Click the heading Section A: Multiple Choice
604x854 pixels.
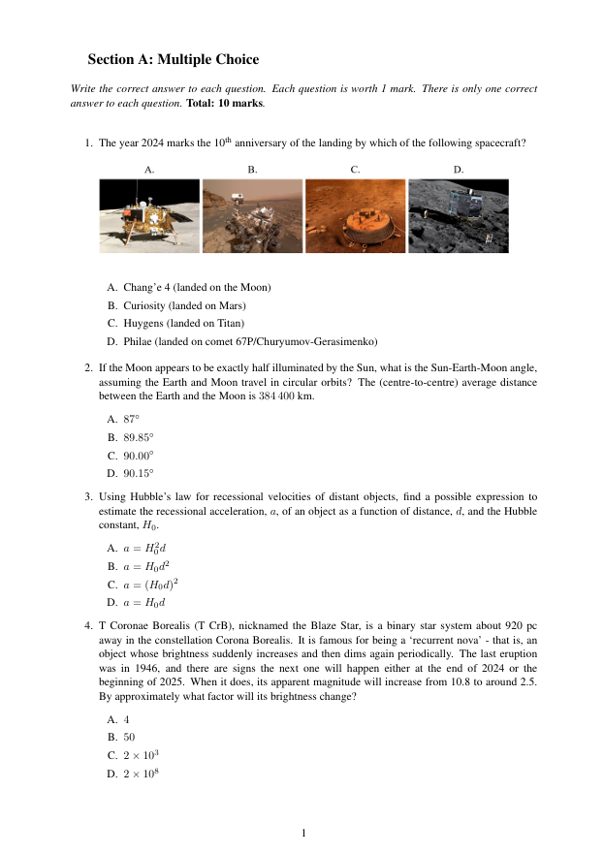click(173, 60)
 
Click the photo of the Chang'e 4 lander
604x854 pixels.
click(149, 215)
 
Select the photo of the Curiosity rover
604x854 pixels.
click(252, 215)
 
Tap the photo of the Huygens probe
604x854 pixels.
click(355, 215)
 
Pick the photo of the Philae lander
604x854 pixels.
click(458, 215)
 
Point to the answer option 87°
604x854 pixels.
click(131, 419)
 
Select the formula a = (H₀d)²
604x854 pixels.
click(154, 584)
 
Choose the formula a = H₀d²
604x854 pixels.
click(148, 565)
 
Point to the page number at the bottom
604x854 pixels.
click(303, 832)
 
